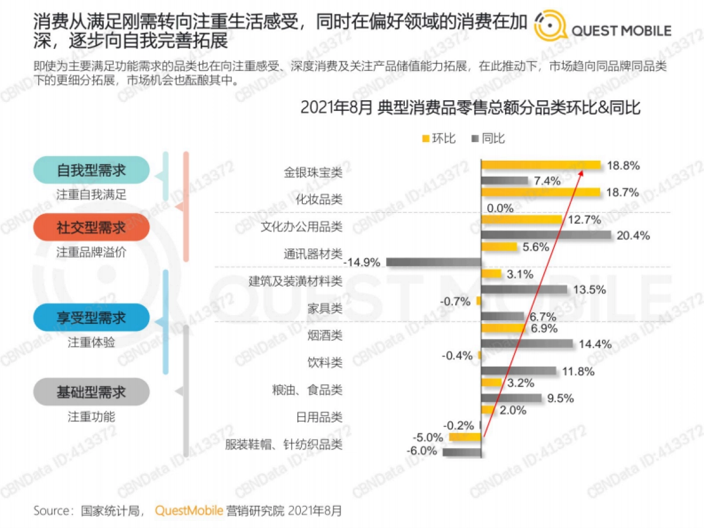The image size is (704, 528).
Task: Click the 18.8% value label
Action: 623,165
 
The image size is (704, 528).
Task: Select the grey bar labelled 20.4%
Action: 546,235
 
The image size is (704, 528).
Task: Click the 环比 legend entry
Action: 439,138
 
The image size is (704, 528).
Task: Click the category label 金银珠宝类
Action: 313,172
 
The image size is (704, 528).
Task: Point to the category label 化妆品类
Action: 319,199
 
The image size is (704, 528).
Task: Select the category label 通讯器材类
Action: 313,254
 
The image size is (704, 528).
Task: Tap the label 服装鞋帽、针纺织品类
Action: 283,444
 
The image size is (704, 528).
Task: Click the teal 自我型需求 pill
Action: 92,170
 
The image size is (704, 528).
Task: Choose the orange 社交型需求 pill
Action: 92,227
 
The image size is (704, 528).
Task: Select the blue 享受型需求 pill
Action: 92,317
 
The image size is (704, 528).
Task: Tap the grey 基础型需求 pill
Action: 92,392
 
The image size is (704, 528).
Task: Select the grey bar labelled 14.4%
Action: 527,343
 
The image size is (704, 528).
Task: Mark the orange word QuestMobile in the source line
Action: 189,510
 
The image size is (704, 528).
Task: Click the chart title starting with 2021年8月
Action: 470,108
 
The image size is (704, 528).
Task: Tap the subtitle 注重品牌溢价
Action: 92,252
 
